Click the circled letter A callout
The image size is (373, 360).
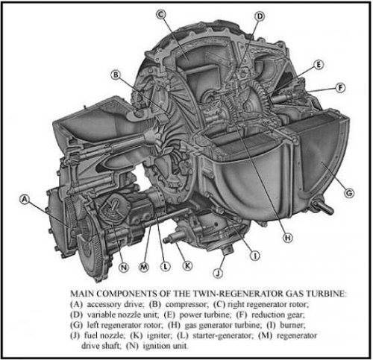[25, 199]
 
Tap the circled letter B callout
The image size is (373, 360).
[116, 75]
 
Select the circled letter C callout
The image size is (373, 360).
[161, 14]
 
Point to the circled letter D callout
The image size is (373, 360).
[260, 16]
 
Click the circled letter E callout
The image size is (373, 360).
[319, 65]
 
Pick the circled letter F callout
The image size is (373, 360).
[340, 88]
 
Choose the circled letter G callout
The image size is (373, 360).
[349, 193]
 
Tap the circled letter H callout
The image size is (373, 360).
[288, 238]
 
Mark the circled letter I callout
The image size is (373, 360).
[254, 256]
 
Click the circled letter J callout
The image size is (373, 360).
[218, 274]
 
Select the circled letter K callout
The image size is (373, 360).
[187, 266]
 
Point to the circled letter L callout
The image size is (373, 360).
[166, 267]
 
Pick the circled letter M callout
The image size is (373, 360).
[144, 267]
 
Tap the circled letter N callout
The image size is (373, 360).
[124, 268]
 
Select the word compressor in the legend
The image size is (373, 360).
[186, 304]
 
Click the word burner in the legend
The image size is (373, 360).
[292, 325]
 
